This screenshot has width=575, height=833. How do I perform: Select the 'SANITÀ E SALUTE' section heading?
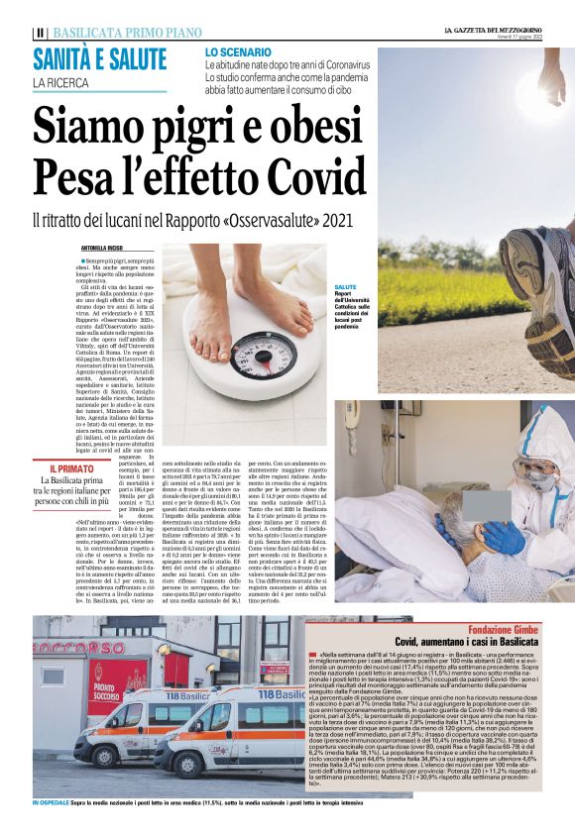click(99, 59)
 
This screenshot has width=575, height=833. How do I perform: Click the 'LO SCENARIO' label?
click(238, 51)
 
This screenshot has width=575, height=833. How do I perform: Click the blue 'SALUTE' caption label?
click(346, 286)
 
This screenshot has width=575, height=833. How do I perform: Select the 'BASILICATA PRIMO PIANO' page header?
click(114, 32)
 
